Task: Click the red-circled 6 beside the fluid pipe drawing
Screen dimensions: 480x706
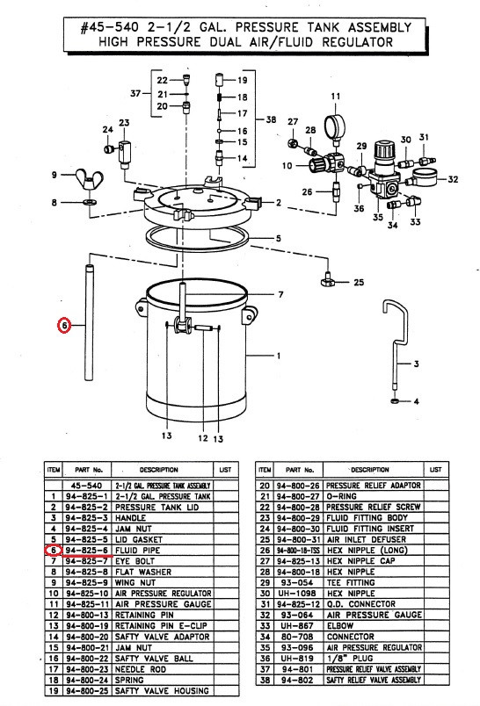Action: click(64, 325)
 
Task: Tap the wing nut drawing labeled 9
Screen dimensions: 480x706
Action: click(90, 179)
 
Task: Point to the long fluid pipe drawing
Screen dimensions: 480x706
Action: click(89, 323)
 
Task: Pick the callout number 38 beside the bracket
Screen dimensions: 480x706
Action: click(271, 119)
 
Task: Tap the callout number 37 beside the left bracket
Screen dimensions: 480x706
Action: click(135, 94)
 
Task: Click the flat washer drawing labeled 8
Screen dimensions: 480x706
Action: click(89, 201)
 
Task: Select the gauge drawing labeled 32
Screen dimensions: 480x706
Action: click(425, 177)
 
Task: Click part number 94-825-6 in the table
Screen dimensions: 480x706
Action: click(87, 551)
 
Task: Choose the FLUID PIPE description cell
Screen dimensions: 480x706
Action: click(137, 551)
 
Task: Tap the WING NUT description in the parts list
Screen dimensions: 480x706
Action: click(135, 583)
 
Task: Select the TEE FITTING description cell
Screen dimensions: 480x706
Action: click(351, 583)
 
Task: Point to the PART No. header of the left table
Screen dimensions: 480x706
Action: click(89, 470)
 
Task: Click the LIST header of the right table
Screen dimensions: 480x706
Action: click(435, 470)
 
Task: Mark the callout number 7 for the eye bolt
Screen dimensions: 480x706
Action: click(280, 294)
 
